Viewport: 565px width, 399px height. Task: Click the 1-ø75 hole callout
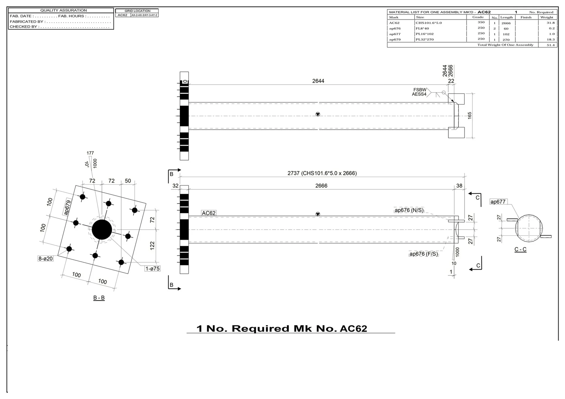[152, 268]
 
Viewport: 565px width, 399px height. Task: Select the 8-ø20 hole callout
[46, 258]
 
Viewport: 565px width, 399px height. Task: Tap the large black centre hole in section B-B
[102, 229]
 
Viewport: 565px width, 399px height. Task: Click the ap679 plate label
[68, 207]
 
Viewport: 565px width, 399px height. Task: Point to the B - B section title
[99, 298]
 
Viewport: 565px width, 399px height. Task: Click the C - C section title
[520, 249]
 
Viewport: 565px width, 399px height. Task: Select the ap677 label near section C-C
[498, 202]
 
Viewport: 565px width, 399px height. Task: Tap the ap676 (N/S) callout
[409, 210]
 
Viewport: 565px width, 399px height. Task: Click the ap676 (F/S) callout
[423, 254]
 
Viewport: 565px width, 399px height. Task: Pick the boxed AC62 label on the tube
[209, 213]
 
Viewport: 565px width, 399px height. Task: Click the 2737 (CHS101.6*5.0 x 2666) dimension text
[322, 173]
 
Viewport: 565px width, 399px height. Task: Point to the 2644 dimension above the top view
[318, 81]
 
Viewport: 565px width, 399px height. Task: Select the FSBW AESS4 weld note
[419, 92]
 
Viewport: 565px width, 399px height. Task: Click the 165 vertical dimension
[470, 115]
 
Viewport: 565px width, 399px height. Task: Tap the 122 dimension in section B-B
[152, 246]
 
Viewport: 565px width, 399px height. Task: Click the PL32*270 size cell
[424, 39]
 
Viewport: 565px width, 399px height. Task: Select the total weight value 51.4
[550, 45]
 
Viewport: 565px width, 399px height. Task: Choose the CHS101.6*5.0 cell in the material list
[428, 23]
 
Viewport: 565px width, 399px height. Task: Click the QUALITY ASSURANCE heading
[64, 10]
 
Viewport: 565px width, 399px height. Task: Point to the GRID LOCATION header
[137, 11]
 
